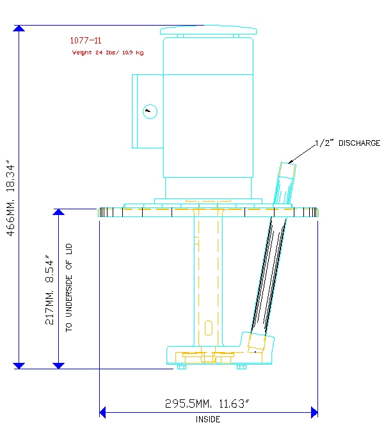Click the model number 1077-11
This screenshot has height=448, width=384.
click(x=86, y=40)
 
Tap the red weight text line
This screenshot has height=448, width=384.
click(x=108, y=52)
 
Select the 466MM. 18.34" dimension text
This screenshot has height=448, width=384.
click(x=10, y=198)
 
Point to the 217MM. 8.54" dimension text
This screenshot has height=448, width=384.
click(x=49, y=290)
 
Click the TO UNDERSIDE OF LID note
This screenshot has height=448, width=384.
click(x=69, y=288)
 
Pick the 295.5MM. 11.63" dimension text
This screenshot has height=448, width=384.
click(x=207, y=404)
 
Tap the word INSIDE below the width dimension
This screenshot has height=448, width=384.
click(x=208, y=419)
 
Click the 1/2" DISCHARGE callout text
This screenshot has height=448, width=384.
click(x=348, y=143)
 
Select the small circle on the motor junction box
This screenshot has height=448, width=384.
click(x=150, y=112)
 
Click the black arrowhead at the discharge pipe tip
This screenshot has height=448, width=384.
click(x=291, y=162)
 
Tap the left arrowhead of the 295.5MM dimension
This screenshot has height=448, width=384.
click(x=102, y=412)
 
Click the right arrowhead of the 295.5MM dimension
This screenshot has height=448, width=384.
click(x=314, y=412)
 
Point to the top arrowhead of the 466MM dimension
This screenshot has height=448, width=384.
click(x=19, y=28)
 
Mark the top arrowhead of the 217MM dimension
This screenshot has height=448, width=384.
click(x=59, y=212)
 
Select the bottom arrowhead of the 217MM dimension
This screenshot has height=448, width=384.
click(x=59, y=365)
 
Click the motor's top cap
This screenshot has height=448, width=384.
click(x=208, y=31)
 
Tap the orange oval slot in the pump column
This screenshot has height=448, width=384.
click(x=209, y=328)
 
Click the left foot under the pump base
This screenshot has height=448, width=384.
click(x=182, y=367)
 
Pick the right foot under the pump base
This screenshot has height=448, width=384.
click(x=241, y=367)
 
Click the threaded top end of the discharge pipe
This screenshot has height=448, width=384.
click(x=287, y=171)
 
